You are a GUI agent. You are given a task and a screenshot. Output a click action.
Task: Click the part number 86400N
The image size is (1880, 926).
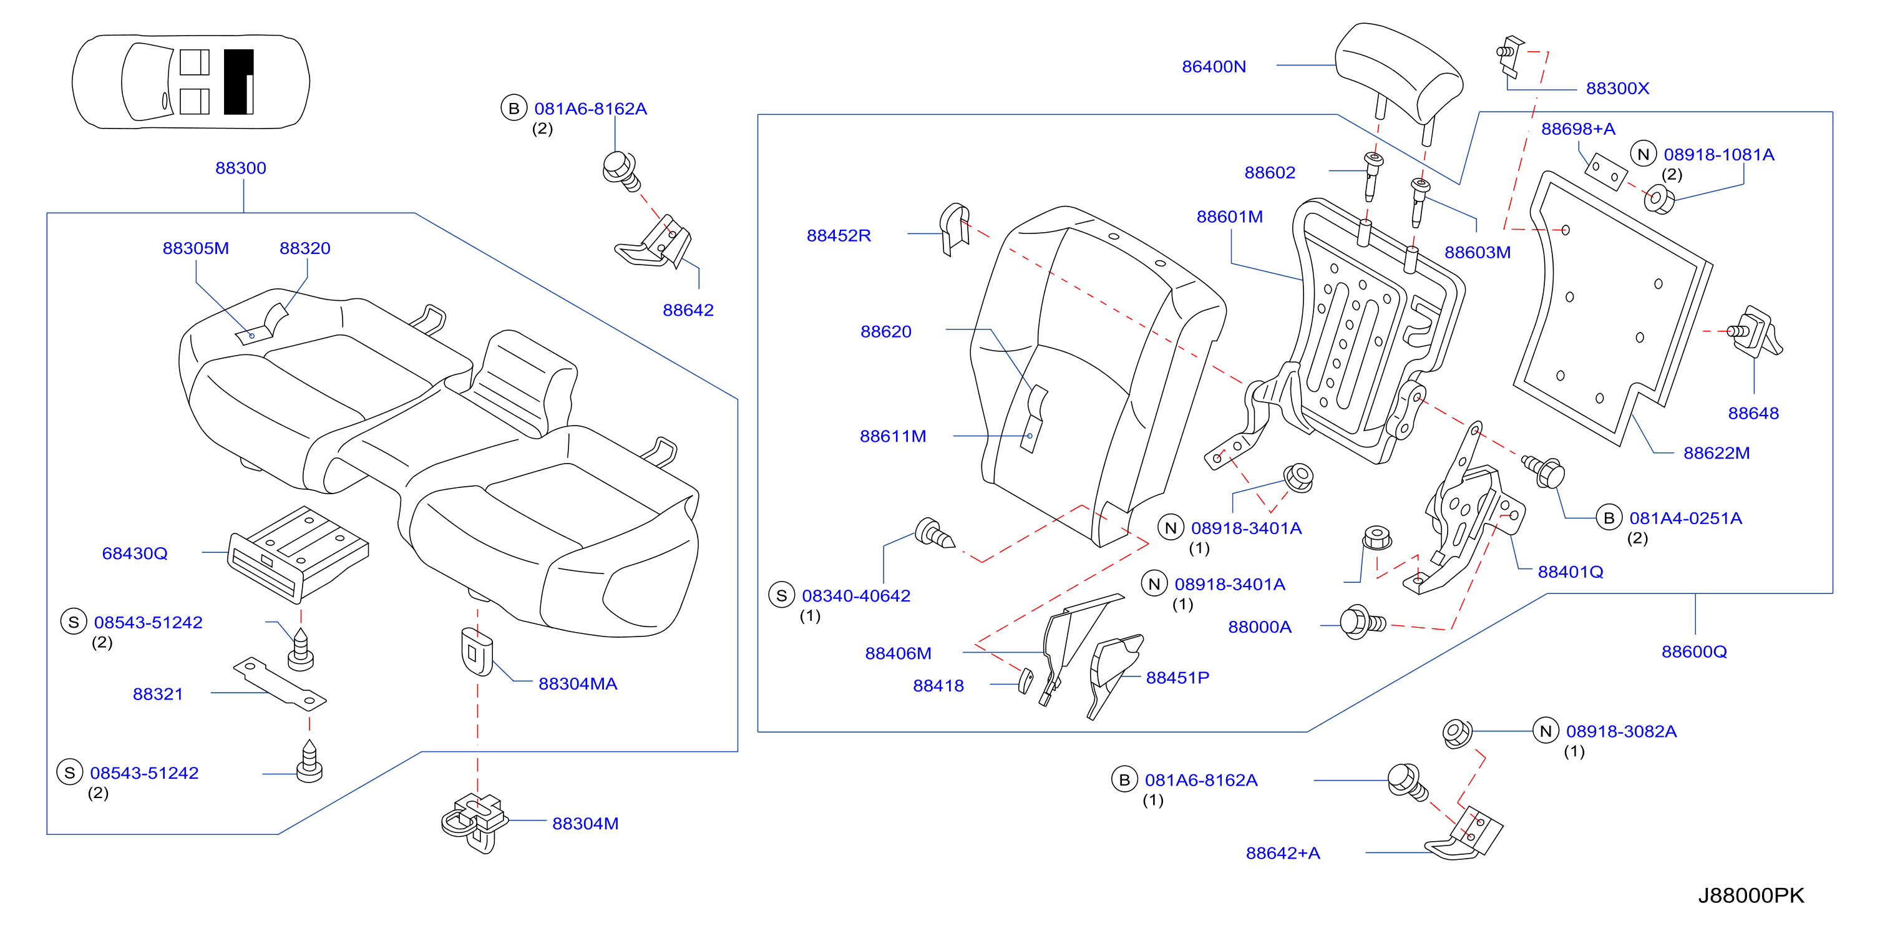tap(1214, 66)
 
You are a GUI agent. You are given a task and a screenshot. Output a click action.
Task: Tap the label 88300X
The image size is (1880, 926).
tap(1617, 89)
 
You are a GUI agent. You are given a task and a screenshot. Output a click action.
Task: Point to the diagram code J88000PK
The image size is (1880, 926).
tap(1751, 895)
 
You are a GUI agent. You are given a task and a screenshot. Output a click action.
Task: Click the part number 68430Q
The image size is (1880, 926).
tap(135, 553)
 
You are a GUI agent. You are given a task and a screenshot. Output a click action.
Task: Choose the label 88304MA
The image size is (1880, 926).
tap(578, 684)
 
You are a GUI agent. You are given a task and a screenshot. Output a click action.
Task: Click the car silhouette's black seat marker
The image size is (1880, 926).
tap(238, 82)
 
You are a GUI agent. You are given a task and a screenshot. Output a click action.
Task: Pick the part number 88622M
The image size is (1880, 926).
tap(1717, 453)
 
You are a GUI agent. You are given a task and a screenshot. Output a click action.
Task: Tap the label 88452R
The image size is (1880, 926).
tap(839, 236)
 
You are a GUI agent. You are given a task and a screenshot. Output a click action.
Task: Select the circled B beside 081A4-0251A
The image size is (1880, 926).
tap(1609, 517)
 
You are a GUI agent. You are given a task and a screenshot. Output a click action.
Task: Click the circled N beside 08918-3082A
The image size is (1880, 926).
tap(1546, 731)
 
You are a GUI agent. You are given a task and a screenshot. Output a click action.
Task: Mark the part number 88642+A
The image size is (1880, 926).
tap(1283, 853)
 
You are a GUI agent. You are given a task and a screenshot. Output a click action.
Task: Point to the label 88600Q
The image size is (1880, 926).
tap(1695, 651)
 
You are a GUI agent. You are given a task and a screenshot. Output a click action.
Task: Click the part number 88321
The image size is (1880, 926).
tap(158, 694)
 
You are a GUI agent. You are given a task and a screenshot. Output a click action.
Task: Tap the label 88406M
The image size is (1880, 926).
tap(899, 654)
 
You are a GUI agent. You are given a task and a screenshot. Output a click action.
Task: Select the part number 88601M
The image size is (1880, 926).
tap(1230, 217)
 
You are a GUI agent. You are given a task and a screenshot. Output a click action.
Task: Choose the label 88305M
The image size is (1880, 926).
tap(195, 248)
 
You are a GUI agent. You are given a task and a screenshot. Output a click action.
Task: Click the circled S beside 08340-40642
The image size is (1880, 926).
tap(782, 595)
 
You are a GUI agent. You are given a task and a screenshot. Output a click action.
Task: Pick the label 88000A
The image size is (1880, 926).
tap(1260, 627)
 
